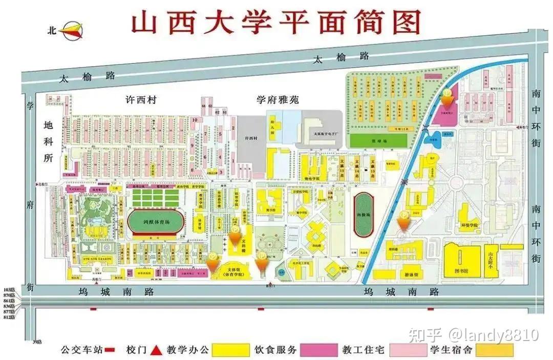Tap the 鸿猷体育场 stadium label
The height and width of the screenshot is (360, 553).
(148, 223)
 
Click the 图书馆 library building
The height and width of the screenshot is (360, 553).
(461, 262)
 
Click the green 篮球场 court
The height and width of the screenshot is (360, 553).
(378, 140)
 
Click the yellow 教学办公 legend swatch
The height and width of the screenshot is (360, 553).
(230, 350)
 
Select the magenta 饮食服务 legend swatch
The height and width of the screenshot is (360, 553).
(319, 350)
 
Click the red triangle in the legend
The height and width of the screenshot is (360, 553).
(157, 350)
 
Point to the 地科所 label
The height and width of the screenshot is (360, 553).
(49, 141)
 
